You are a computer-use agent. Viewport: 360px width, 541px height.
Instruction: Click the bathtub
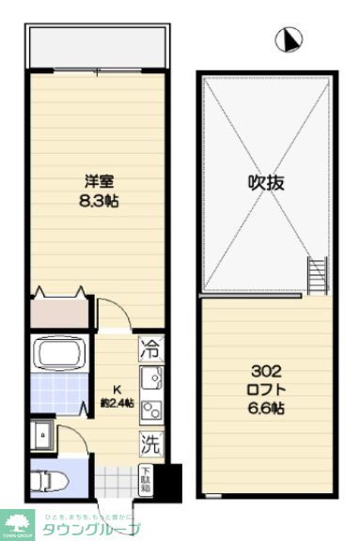coord(62,355)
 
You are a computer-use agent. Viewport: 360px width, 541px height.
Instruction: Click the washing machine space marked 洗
coord(150,439)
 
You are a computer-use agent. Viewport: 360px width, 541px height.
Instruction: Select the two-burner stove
coord(150,409)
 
